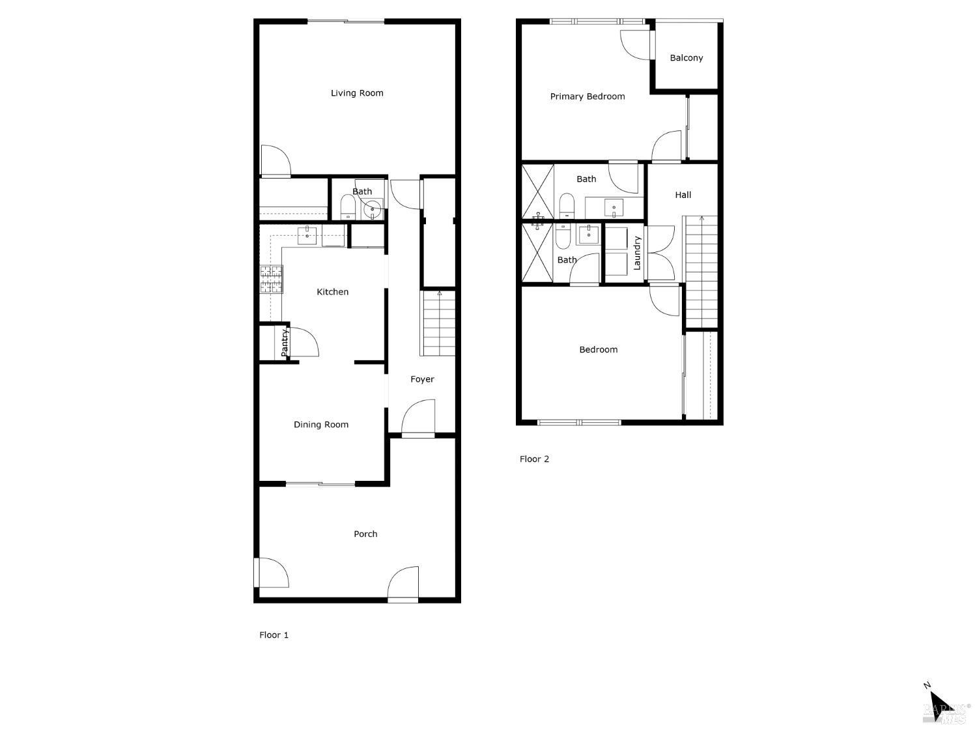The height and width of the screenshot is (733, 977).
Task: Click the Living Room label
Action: [x=357, y=93]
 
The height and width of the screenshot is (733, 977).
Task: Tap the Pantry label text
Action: [x=285, y=343]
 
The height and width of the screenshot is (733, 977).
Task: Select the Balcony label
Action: [x=686, y=58]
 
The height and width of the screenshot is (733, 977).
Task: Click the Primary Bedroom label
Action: [x=587, y=96]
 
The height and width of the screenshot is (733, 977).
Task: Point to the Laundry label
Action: [x=637, y=253]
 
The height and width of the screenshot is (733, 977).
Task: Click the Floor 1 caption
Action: [x=274, y=635]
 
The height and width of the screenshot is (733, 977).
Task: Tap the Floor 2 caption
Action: [x=534, y=459]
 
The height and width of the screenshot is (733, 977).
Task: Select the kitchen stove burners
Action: [x=272, y=279]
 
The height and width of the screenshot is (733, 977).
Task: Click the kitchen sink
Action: [x=307, y=235]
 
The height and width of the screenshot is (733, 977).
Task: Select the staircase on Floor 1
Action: [x=438, y=324]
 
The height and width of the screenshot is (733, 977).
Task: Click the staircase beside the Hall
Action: [x=701, y=271]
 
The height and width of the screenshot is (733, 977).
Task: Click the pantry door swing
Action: [x=303, y=342]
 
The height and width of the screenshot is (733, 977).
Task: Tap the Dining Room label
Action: [x=320, y=425]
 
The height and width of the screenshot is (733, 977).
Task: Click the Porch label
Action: [x=365, y=534]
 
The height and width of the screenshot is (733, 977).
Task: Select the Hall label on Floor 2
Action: [x=683, y=195]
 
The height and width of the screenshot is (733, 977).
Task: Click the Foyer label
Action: [x=422, y=379]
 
